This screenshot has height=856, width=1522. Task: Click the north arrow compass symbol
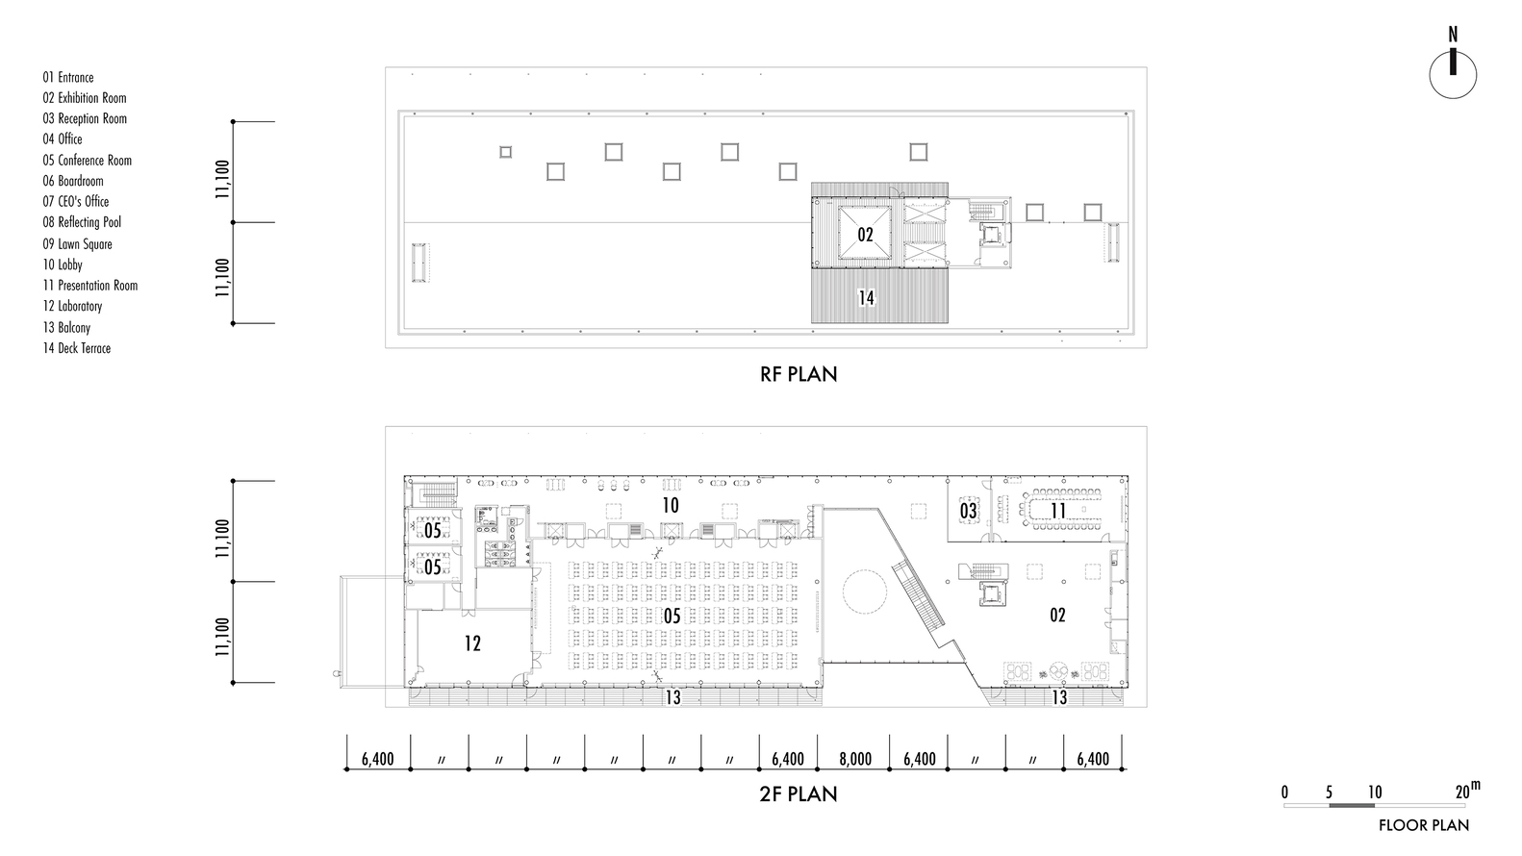pyautogui.click(x=1453, y=75)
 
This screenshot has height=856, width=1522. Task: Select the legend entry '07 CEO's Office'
pyautogui.click(x=75, y=201)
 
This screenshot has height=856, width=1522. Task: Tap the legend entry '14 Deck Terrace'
pyautogui.click(x=76, y=348)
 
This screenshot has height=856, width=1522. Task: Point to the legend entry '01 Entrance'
pyautogui.click(x=68, y=78)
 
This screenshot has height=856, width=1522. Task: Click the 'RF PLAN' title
pyautogui.click(x=799, y=374)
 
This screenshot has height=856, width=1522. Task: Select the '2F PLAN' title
pyautogui.click(x=799, y=794)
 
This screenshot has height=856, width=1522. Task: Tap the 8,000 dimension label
pyautogui.click(x=854, y=759)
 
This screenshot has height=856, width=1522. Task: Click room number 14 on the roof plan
pyautogui.click(x=866, y=297)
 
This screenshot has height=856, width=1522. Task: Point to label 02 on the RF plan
pyautogui.click(x=864, y=235)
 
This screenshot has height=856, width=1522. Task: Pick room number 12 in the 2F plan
pyautogui.click(x=472, y=643)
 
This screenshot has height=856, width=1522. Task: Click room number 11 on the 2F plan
pyautogui.click(x=1058, y=510)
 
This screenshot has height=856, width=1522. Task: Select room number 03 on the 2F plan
pyautogui.click(x=968, y=510)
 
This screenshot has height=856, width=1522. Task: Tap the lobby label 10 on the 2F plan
pyautogui.click(x=671, y=505)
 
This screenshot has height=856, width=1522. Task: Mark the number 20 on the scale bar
pyautogui.click(x=1463, y=793)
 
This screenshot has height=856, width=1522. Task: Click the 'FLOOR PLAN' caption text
pyautogui.click(x=1424, y=825)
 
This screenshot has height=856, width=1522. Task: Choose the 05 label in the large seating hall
pyautogui.click(x=672, y=616)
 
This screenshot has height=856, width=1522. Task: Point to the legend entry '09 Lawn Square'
pyautogui.click(x=78, y=244)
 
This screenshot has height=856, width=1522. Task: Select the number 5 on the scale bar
pyautogui.click(x=1329, y=793)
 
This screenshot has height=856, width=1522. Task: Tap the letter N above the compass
pyautogui.click(x=1453, y=34)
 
